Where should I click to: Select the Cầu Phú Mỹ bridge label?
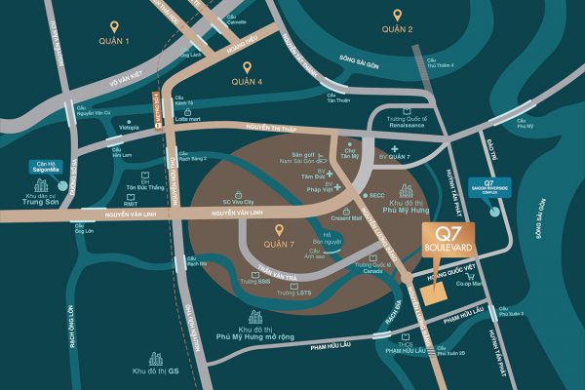(525, 124)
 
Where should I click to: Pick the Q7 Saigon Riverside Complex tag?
(500, 182)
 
